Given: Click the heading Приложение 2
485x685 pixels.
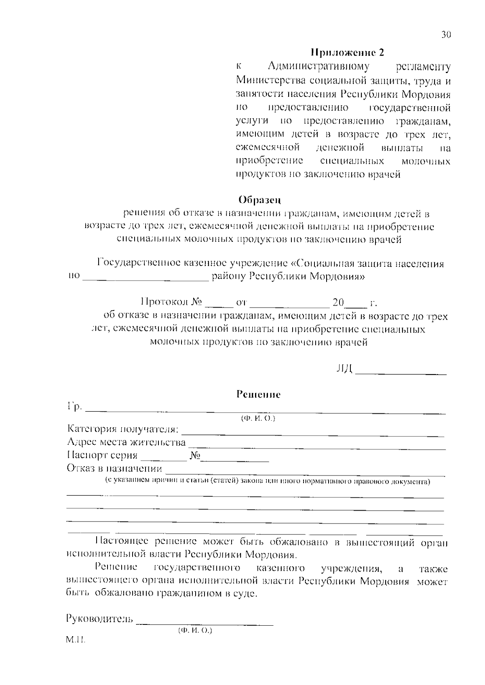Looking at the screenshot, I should point(347,52).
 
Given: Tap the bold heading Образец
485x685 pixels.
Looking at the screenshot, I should point(259,200).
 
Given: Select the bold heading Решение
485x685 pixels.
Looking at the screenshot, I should point(258,394).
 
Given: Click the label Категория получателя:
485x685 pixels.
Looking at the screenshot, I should point(123,429).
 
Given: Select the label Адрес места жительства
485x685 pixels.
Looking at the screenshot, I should point(126,442).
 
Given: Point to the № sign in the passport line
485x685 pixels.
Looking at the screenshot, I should point(195,456).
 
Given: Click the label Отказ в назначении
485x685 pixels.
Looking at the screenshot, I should point(114,469).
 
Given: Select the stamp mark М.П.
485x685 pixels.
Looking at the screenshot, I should point(75,641).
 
